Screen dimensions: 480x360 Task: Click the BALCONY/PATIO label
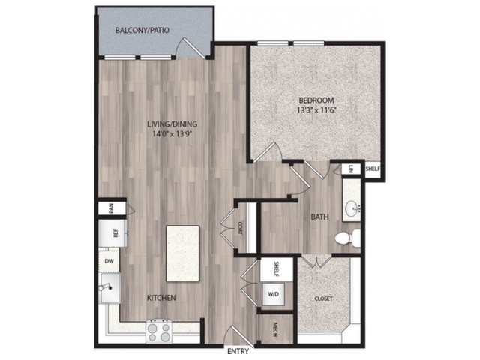tap(142, 30)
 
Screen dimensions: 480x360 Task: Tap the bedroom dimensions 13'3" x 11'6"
tap(316, 110)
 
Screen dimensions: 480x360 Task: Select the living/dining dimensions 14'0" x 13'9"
tap(172, 133)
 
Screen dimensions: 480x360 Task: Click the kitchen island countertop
tap(183, 253)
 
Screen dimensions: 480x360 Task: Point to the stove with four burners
tap(159, 331)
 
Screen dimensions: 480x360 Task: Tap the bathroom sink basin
tap(352, 209)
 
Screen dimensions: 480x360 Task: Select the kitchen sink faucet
tap(105, 286)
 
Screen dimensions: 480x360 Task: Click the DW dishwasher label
tap(109, 261)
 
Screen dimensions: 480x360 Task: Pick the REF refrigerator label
tap(115, 233)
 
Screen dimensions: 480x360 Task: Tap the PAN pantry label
tap(111, 208)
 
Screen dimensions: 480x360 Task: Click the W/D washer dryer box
tap(273, 294)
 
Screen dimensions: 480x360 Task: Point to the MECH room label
tap(275, 330)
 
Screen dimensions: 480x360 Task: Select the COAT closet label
tap(240, 228)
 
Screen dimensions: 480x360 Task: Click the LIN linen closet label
tap(351, 169)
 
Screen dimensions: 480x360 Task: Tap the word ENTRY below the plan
tap(238, 352)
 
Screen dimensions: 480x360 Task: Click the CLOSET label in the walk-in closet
tap(323, 298)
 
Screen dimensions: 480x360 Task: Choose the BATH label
tap(320, 217)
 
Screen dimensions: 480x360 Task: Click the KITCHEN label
tap(161, 298)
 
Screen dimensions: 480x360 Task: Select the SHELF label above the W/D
tap(276, 269)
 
